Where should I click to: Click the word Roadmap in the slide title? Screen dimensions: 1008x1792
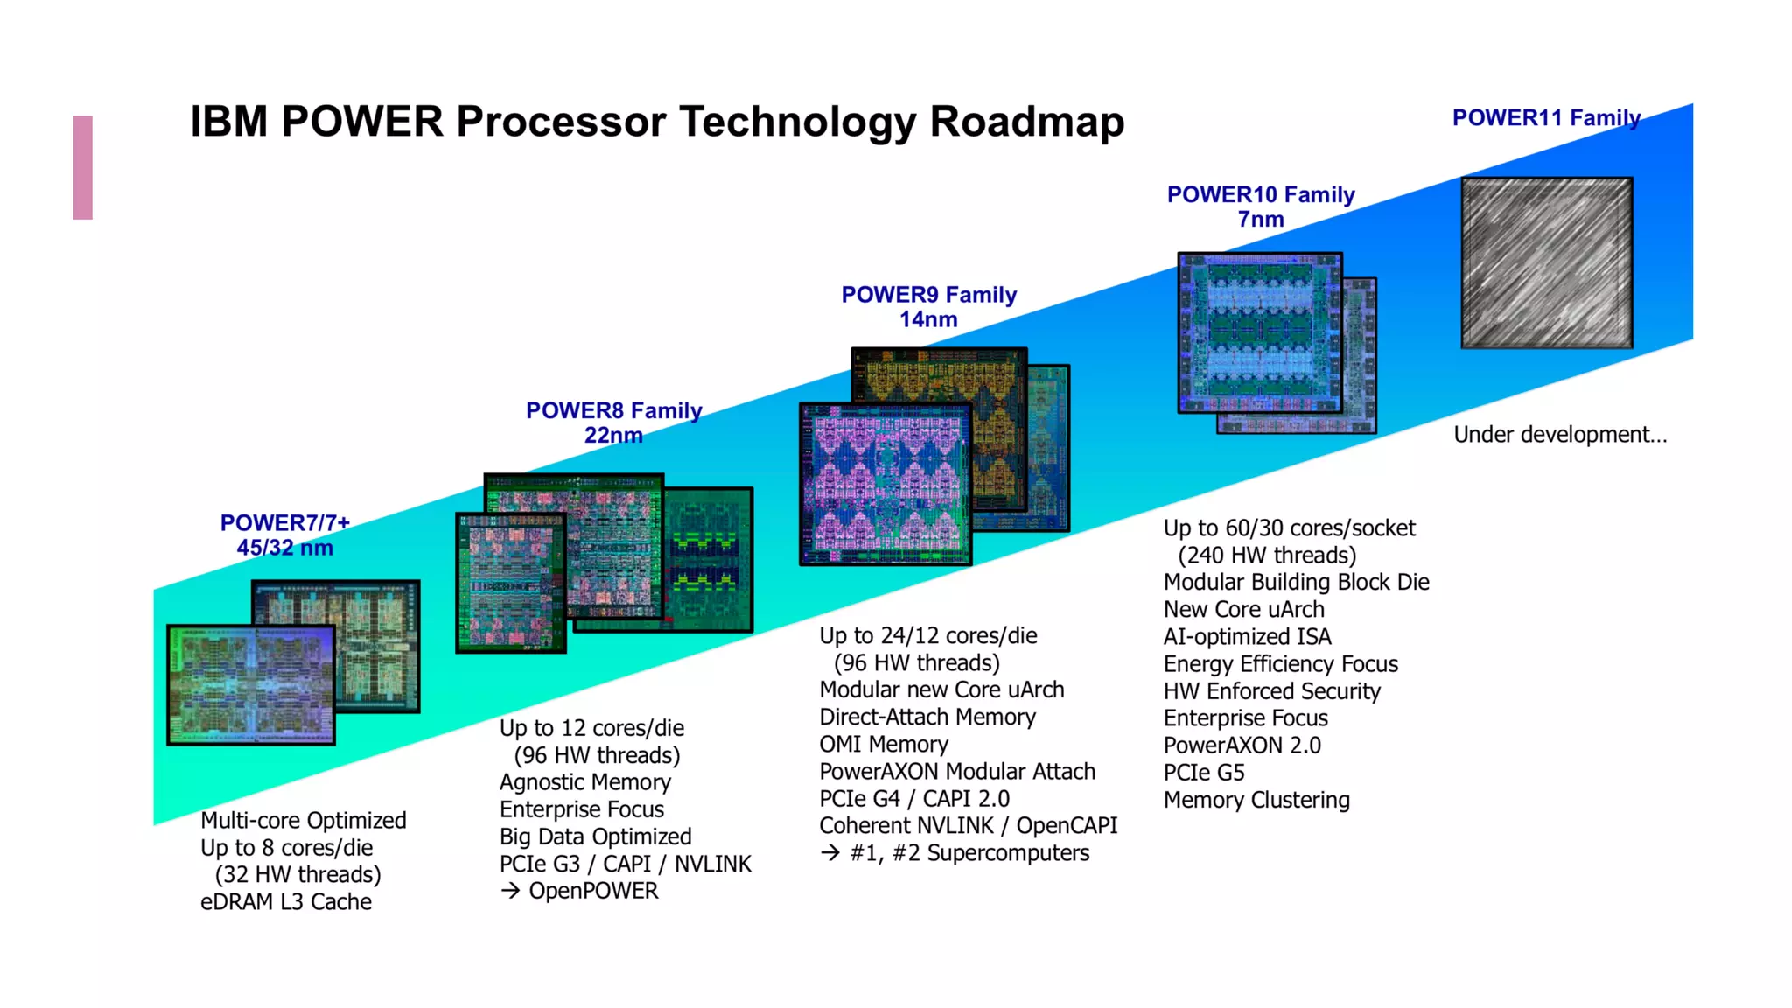point(1025,122)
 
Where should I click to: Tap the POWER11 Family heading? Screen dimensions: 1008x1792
point(1546,118)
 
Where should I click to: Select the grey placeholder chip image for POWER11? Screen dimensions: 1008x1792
point(1546,262)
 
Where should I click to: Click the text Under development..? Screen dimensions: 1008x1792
point(1559,435)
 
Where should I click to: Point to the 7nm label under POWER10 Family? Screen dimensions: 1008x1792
point(1260,220)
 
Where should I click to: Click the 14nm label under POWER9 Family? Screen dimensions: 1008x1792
point(927,319)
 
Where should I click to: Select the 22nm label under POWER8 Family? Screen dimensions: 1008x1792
point(612,435)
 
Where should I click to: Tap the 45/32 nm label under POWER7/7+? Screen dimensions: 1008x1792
point(284,548)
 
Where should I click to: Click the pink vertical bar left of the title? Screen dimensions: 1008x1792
point(83,167)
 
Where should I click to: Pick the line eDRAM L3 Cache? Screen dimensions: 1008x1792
point(285,902)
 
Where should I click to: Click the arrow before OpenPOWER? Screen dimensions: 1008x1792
point(510,891)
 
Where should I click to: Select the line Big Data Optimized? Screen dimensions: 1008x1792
point(595,836)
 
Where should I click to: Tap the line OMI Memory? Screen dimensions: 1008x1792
point(883,745)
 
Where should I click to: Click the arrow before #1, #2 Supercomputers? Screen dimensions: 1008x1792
point(830,853)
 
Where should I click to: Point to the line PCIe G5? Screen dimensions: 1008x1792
point(1203,773)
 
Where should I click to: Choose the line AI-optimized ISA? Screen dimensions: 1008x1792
point(1247,637)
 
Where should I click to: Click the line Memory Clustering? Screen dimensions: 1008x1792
point(1256,800)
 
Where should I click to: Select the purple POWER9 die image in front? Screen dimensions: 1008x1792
point(885,484)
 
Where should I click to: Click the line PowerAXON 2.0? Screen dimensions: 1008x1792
point(1242,745)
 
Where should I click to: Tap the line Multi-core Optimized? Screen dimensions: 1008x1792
point(303,821)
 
